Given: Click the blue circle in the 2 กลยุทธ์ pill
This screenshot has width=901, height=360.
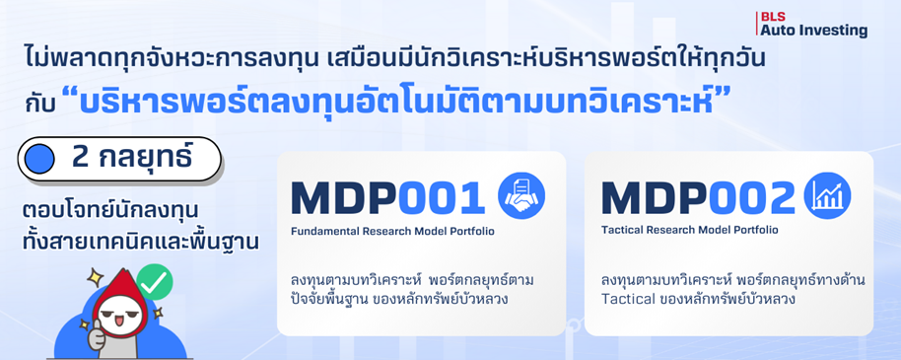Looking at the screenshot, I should pyautogui.click(x=40, y=159).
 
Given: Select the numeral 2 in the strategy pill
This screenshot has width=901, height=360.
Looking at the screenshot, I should pyautogui.click(x=81, y=159).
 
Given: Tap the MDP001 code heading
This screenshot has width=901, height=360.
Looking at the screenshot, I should pyautogui.click(x=387, y=198).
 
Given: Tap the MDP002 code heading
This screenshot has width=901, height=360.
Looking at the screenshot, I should pyautogui.click(x=697, y=198).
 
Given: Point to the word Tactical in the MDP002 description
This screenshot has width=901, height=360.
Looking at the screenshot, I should pyautogui.click(x=628, y=298).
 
